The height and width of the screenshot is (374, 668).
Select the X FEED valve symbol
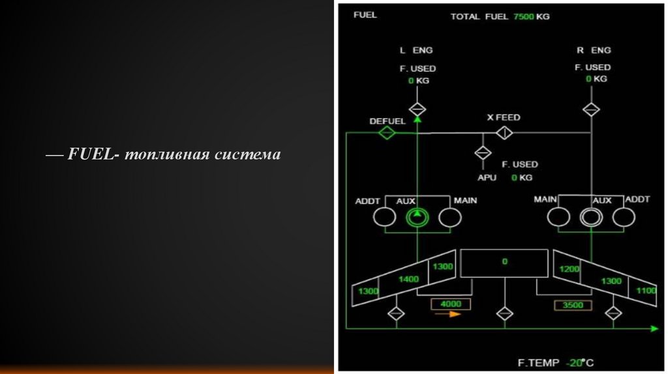coord(504,132)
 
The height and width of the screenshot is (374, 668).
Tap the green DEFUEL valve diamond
coord(387,132)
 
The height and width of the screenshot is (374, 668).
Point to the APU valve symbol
coord(483,153)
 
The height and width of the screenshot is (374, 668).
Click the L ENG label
coord(416,50)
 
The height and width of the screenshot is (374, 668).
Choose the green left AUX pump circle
coord(416,218)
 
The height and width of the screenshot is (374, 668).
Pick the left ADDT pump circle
coord(385,218)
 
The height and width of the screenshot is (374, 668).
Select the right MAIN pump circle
coord(558,218)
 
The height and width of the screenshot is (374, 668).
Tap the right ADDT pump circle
coord(624,218)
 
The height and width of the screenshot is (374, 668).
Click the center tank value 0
coord(504,262)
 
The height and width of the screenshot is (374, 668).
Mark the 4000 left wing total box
coord(450,304)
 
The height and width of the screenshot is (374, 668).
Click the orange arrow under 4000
coord(448,313)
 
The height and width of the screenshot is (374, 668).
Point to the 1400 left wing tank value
coord(409,279)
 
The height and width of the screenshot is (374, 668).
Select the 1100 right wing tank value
coord(646,291)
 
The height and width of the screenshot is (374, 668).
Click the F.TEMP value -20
coord(575,363)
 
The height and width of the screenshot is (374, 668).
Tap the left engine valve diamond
coord(417,109)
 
